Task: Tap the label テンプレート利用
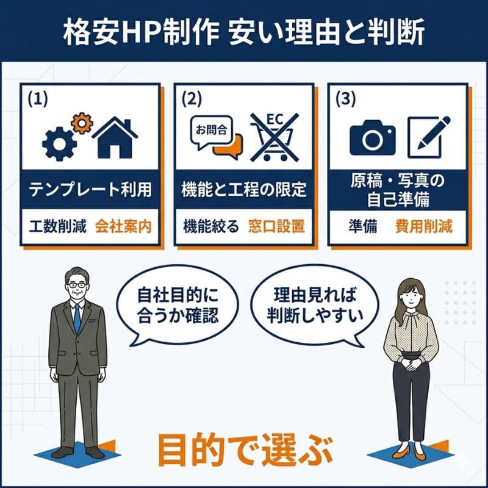point(90,190)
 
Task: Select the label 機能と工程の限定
point(244,190)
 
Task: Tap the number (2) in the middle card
point(191,98)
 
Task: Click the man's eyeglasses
point(76,284)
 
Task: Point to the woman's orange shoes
point(411,452)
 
